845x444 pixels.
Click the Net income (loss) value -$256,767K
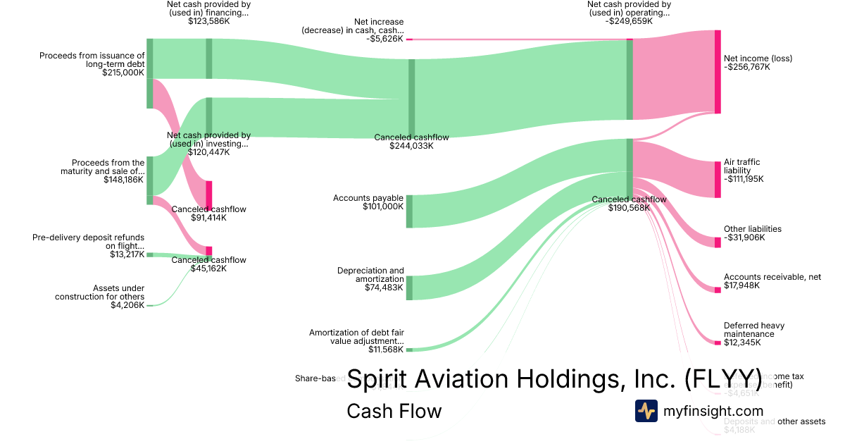click(746, 67)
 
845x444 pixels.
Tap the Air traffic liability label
click(741, 166)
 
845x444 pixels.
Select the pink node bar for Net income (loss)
click(718, 72)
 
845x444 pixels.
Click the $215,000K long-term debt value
click(123, 72)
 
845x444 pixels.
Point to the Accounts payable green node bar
click(409, 211)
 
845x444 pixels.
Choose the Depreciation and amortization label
click(370, 275)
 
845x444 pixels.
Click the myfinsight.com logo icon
click(646, 411)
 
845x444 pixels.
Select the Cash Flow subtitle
click(394, 411)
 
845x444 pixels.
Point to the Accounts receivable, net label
click(772, 277)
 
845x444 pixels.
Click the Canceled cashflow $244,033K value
click(411, 146)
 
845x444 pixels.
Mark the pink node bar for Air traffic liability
click(718, 179)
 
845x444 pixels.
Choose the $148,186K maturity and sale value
click(124, 180)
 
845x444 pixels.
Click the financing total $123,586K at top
click(209, 21)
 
